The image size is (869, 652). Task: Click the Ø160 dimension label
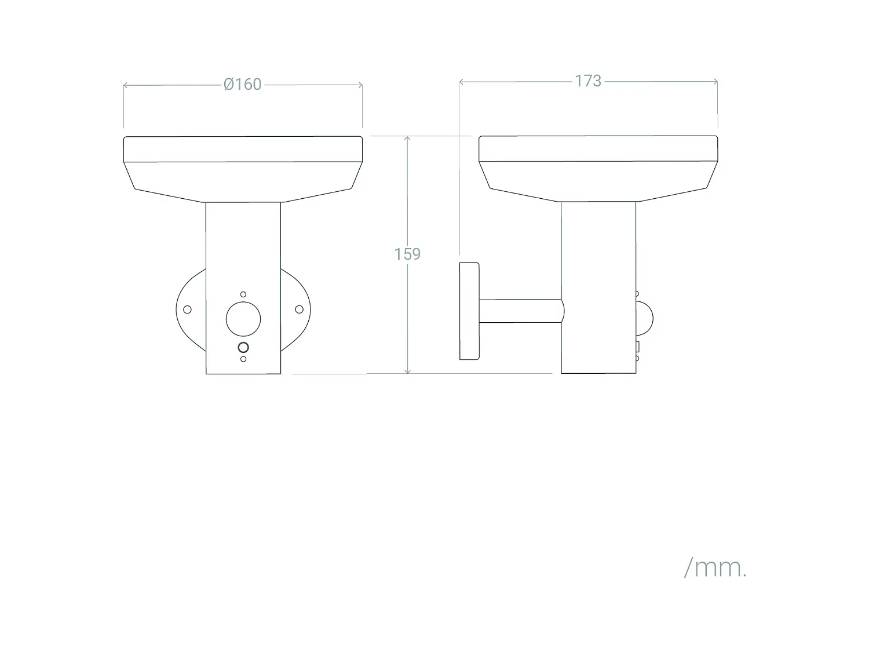pos(243,85)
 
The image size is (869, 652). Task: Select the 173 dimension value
pos(588,81)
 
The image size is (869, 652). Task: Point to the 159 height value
pos(407,254)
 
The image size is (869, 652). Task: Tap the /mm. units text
pos(715,567)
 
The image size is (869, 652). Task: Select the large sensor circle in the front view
pos(243,319)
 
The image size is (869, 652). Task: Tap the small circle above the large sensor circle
pos(243,295)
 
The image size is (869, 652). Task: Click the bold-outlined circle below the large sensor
pos(243,347)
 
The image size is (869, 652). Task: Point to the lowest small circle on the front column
pos(243,359)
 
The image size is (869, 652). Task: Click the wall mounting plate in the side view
pos(469,311)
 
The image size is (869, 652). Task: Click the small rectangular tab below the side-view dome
pos(637,348)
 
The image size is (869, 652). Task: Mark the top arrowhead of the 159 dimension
pos(408,139)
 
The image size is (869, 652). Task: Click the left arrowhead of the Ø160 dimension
pos(126,86)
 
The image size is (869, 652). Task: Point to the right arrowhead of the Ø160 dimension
pos(360,85)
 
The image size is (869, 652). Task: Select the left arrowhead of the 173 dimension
pos(462,82)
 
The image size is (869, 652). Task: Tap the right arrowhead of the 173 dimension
pos(715,82)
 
